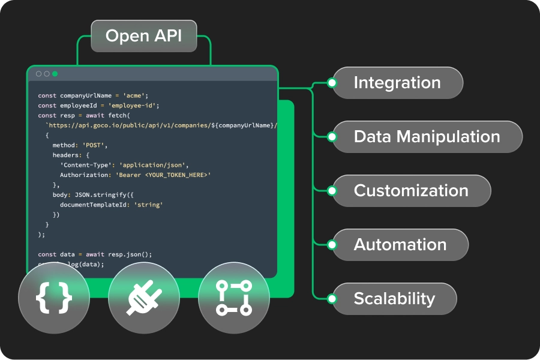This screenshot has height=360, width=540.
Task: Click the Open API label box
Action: tap(143, 36)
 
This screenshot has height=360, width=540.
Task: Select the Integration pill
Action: tap(397, 83)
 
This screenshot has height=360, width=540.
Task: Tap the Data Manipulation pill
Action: tap(427, 137)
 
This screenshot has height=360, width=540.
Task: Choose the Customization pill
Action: tap(411, 191)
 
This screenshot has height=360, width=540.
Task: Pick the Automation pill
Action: tap(400, 245)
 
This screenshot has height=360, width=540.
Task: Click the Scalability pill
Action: tap(394, 299)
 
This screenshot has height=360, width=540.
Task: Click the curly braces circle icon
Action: tap(54, 298)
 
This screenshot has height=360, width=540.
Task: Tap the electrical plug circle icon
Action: tap(144, 298)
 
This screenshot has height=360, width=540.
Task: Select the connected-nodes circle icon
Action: tap(234, 298)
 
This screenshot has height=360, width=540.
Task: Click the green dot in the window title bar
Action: tap(55, 74)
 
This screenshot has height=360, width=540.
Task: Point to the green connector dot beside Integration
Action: tap(332, 83)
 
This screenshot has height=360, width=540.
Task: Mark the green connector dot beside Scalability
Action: tap(332, 299)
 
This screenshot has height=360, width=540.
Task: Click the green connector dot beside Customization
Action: tap(332, 191)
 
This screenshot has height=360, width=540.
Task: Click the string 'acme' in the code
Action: tap(135, 95)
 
